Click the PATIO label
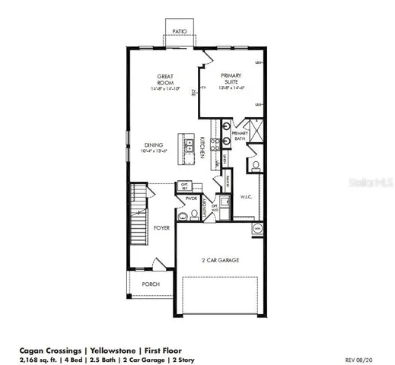180,31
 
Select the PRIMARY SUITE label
231,78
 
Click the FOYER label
161,227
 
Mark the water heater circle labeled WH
257,228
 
